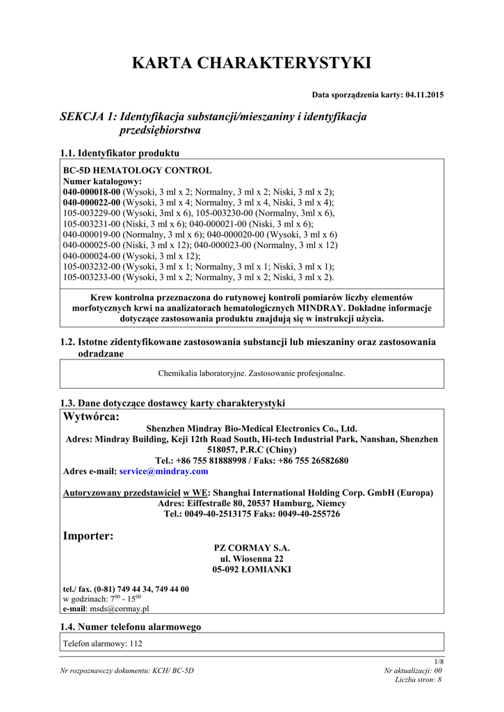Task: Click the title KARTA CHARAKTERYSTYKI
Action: coord(252,63)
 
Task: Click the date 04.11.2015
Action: coord(425,95)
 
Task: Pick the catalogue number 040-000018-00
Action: coord(92,191)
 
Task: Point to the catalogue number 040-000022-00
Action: coord(92,202)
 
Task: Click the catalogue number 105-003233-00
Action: coord(92,277)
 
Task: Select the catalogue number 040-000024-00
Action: coord(92,256)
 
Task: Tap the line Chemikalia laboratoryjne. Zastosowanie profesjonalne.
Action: coord(252,373)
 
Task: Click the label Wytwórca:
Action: coord(91,417)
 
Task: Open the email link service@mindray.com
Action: coord(164,471)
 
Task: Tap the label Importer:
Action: coord(88,536)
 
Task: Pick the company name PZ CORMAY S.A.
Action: coord(252,548)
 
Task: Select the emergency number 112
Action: coord(136,644)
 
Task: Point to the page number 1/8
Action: coord(439,661)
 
